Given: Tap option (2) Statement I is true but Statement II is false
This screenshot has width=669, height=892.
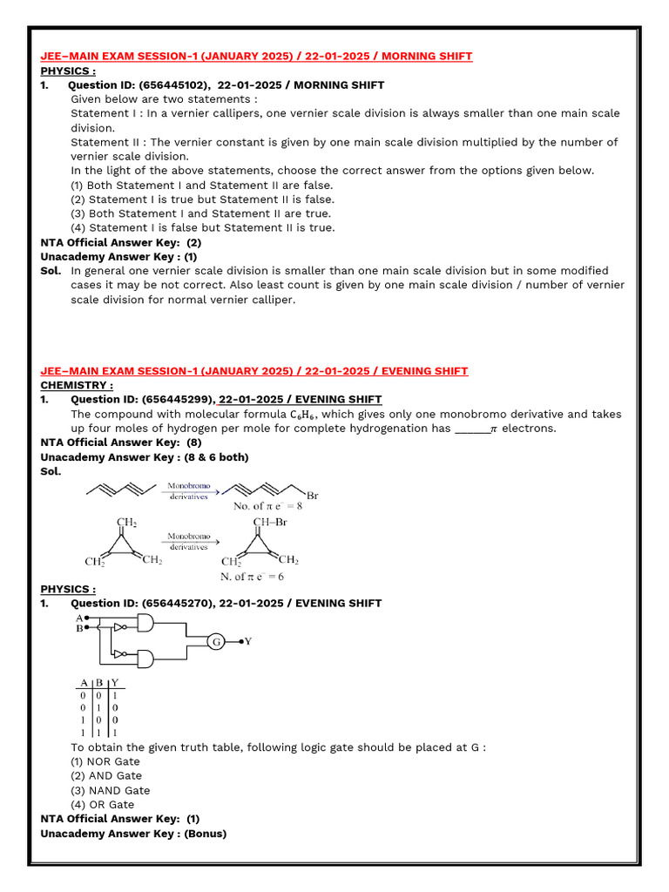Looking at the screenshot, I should coord(201,199).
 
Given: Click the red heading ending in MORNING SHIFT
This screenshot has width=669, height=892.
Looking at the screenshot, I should coord(256,57).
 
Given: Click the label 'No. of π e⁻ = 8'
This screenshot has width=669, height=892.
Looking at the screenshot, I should coord(267,505).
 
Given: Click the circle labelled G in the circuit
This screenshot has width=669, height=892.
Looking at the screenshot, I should coord(215,642).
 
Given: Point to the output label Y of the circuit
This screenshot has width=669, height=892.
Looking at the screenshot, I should coord(248,642).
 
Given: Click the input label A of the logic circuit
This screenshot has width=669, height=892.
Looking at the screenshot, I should coord(79,617).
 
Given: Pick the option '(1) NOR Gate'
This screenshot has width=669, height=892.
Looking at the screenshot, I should coord(105,761).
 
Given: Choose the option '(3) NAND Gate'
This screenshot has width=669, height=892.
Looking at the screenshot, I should coord(110,790).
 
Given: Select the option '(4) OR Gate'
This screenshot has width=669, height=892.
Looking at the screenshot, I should coord(102,805).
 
